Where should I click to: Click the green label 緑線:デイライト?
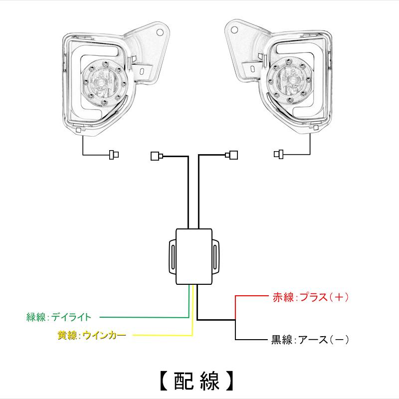(59, 317)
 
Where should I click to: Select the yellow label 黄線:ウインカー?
(92, 335)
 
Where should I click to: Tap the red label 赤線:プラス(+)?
(310, 297)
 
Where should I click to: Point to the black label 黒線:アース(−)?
(310, 340)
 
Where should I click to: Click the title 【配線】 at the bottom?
(197, 381)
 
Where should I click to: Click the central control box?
(194, 256)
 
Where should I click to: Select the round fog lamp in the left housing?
(104, 82)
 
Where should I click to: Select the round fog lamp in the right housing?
(289, 81)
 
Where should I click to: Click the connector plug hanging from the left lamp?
(114, 155)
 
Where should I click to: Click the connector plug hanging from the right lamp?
(278, 154)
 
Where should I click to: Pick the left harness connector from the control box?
(157, 156)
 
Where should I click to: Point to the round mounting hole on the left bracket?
(160, 32)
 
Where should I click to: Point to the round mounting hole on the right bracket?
(234, 30)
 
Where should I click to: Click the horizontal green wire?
(144, 317)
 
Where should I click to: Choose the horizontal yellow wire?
(163, 335)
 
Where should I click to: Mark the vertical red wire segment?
(235, 308)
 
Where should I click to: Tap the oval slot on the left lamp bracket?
(142, 71)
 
